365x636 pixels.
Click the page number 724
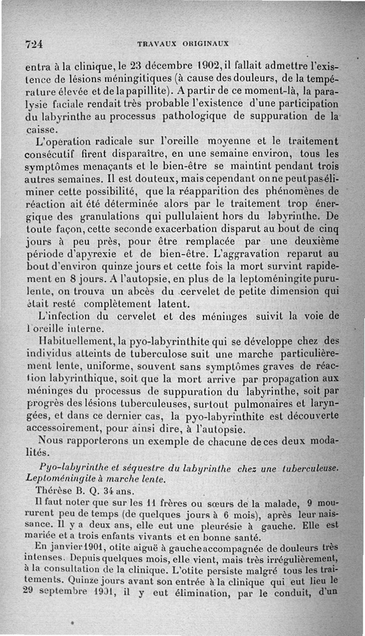[x=34, y=44]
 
